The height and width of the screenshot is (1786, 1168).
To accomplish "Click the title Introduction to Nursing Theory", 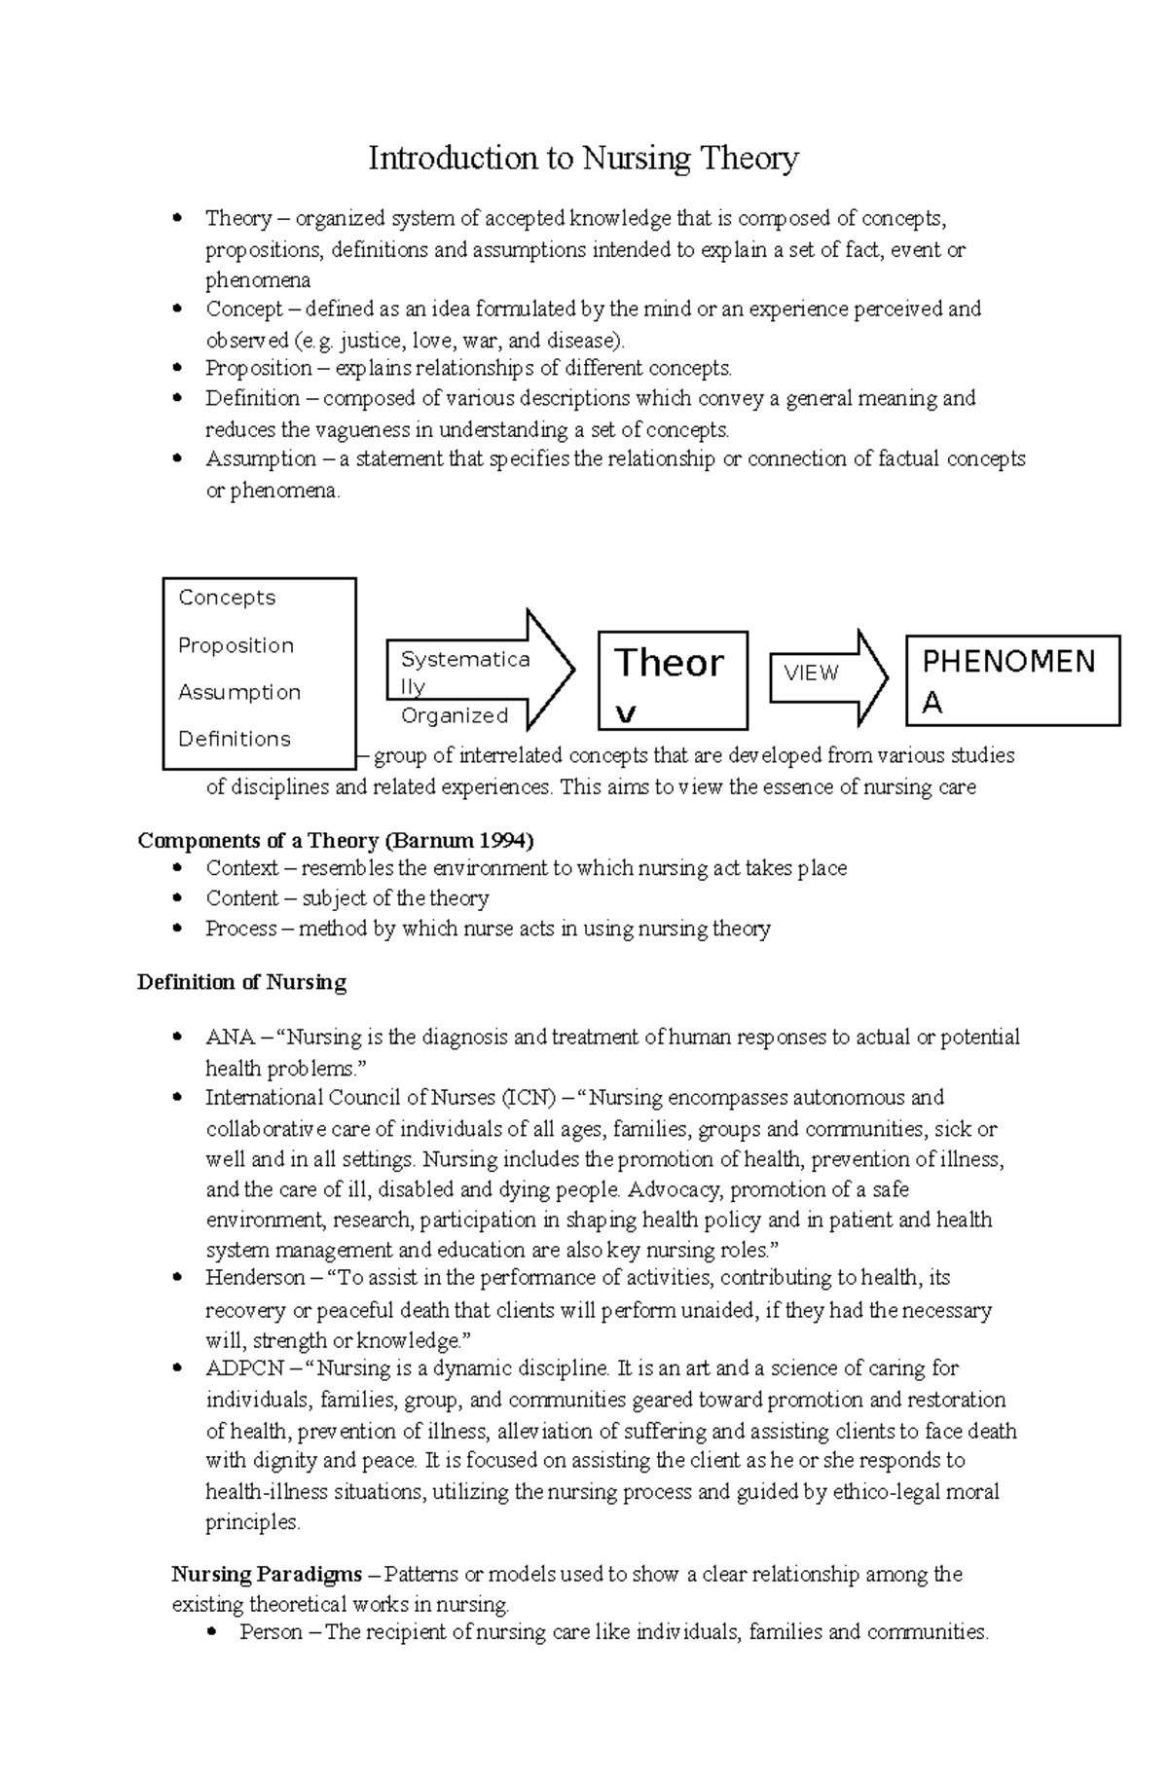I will coord(583,158).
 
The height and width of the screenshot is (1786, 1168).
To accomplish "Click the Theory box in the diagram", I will coord(672,679).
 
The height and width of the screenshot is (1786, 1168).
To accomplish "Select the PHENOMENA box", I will coord(1012,680).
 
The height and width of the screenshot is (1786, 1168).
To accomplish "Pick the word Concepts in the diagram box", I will coord(227,598).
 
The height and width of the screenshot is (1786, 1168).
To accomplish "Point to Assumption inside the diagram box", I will coord(239,692).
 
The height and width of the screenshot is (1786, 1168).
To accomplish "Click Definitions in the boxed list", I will coord(235,739).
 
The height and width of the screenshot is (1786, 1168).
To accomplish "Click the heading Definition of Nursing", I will coord(241,982).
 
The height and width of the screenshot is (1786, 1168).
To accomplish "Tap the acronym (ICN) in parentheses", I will coord(527,1098).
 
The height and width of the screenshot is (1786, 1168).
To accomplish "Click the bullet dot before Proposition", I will coord(176,368).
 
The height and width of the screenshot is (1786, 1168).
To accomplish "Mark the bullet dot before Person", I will coord(211,1632).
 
